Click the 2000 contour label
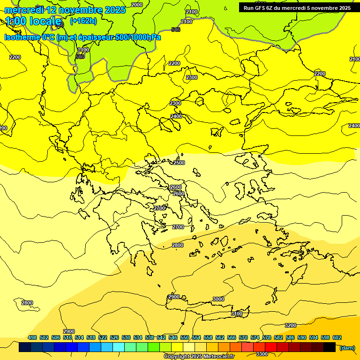click(137, 5)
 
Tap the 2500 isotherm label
click(179, 163)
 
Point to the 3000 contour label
click(218, 299)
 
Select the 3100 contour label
click(237, 314)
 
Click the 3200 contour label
click(291, 325)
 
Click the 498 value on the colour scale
click(32, 337)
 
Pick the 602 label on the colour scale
click(337, 337)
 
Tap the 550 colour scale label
click(185, 337)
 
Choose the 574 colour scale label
click(255, 337)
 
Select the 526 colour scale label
click(114, 337)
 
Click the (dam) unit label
click(347, 347)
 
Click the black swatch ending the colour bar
click(330, 347)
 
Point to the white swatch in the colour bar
click(189, 347)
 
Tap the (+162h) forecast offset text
click(83, 21)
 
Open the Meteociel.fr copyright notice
click(199, 357)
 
